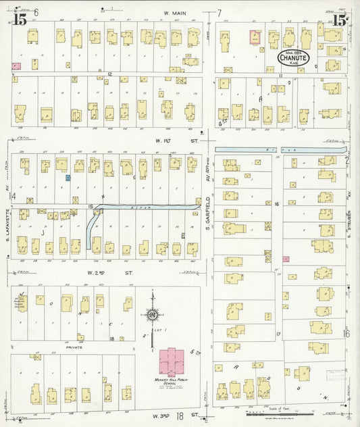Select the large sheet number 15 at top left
tap(20, 20)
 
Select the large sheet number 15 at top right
tap(339, 20)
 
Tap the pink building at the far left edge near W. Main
tap(16, 66)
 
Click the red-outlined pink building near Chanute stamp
tap(255, 37)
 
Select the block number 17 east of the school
tap(277, 334)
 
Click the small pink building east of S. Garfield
tap(286, 259)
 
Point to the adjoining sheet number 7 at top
tap(219, 13)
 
